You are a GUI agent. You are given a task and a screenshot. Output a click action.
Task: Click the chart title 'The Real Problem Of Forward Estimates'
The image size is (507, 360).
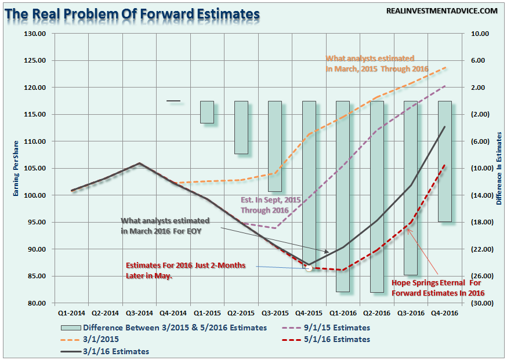(132, 13)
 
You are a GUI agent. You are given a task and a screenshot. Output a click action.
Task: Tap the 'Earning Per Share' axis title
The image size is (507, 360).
(17, 168)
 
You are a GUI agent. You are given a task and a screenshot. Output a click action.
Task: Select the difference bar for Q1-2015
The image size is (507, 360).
(207, 112)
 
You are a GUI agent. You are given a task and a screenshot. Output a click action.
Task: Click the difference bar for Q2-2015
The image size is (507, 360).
(241, 128)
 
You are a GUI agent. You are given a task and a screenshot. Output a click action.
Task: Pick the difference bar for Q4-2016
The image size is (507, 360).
(445, 161)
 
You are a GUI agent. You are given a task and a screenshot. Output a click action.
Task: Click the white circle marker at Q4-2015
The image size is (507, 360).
(309, 268)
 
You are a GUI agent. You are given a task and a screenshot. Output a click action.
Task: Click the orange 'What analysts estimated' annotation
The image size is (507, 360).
(376, 64)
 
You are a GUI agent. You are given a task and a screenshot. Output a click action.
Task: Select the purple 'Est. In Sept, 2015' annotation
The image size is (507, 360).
(271, 205)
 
